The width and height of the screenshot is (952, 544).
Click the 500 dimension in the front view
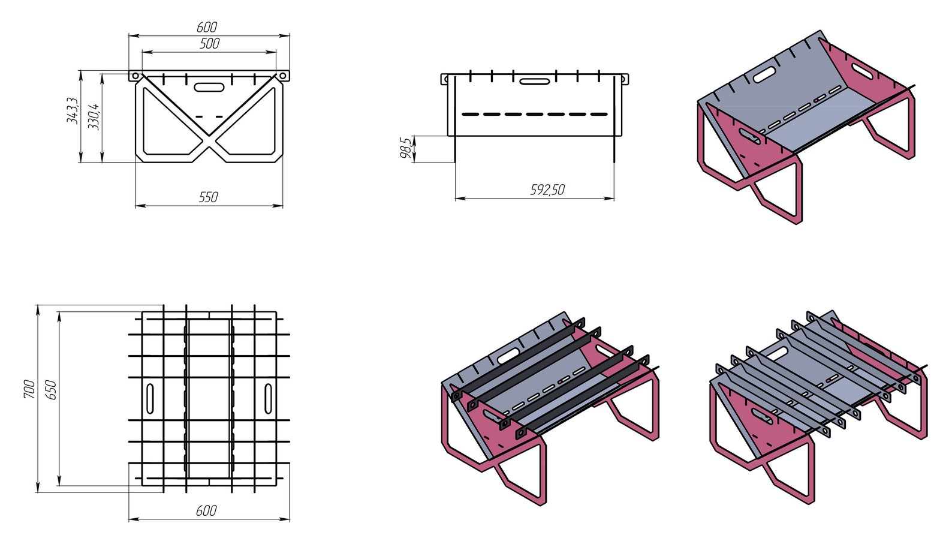(x=209, y=43)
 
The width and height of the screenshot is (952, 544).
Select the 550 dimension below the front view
(x=208, y=197)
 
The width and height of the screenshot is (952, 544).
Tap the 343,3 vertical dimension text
(x=72, y=110)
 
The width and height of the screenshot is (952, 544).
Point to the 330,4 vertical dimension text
(x=94, y=116)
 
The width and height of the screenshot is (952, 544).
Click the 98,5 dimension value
(x=406, y=148)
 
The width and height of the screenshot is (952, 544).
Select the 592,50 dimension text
(x=547, y=190)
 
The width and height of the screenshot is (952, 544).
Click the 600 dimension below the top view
(x=206, y=511)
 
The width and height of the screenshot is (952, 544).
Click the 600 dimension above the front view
(x=207, y=27)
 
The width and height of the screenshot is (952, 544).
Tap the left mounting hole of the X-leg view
(x=135, y=76)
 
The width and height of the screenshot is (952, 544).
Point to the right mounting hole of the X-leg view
(x=282, y=76)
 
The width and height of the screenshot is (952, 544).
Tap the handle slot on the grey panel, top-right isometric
(x=763, y=74)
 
